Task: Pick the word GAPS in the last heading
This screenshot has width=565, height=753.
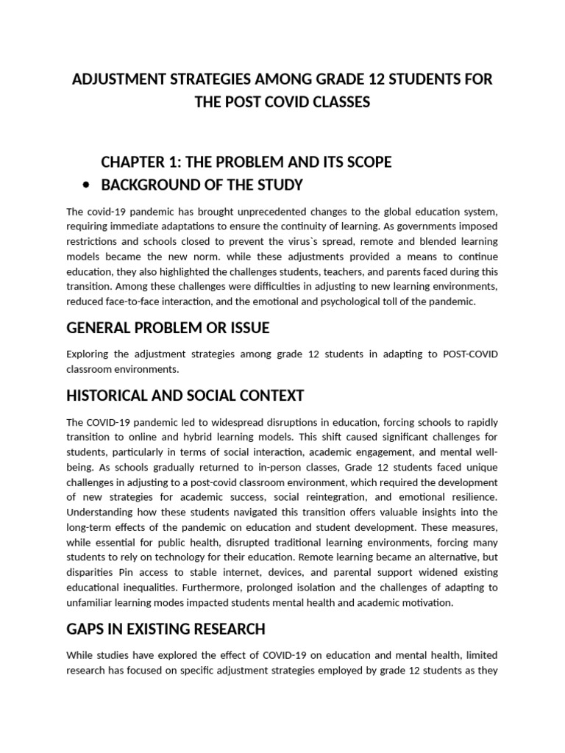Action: point(86,629)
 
